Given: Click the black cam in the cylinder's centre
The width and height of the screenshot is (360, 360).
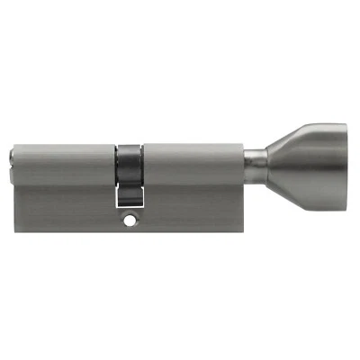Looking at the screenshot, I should [131, 161].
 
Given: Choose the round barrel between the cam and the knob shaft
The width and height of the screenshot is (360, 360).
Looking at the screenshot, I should [193, 161].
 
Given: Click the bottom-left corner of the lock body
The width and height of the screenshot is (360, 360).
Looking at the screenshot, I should [16, 232].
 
